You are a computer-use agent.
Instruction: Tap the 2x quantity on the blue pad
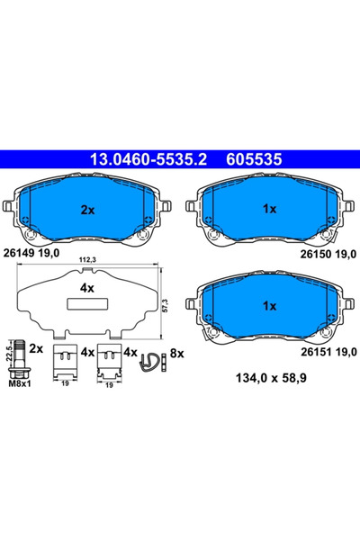pyautogui.click(x=87, y=209)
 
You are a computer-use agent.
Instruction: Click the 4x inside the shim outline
pyautogui.click(x=87, y=289)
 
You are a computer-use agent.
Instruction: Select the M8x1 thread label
pyautogui.click(x=20, y=382)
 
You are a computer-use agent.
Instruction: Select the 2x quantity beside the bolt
pyautogui.click(x=37, y=346)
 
